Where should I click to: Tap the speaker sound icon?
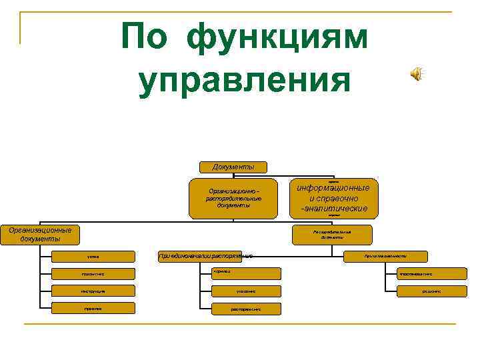pyautogui.click(x=417, y=75)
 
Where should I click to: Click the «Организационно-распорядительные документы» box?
pyautogui.click(x=233, y=198)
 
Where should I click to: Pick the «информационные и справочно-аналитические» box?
pyautogui.click(x=334, y=198)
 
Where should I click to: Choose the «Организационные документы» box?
pyautogui.click(x=40, y=234)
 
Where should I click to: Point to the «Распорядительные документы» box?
pyautogui.click(x=331, y=234)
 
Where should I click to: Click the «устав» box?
pyautogui.click(x=93, y=256)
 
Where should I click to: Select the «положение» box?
pyautogui.click(x=93, y=273)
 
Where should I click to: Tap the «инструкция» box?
pyautogui.click(x=93, y=291)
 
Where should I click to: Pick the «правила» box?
pyautogui.click(x=93, y=308)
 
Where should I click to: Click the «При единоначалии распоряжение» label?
pyautogui.click(x=205, y=255)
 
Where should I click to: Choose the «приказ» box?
pyautogui.click(x=245, y=273)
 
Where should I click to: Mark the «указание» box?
pyautogui.click(x=245, y=291)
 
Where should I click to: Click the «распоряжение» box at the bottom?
pyautogui.click(x=245, y=309)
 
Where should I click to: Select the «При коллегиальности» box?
pyautogui.click(x=386, y=256)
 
